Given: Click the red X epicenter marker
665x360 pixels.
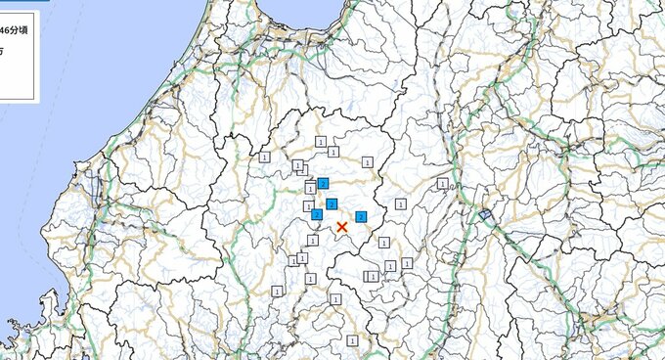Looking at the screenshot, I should click(x=341, y=227).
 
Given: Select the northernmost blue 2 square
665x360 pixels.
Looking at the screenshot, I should click(x=323, y=183).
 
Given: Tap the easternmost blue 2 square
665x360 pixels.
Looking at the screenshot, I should click(x=361, y=216).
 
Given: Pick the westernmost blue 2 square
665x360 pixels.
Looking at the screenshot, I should click(x=316, y=214).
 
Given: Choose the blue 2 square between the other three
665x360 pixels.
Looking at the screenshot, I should click(x=332, y=203).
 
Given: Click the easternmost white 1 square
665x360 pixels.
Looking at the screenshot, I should click(x=442, y=183).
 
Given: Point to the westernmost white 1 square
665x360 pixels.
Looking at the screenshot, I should click(x=264, y=157).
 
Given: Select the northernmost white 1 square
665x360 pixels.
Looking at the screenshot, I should click(x=321, y=142).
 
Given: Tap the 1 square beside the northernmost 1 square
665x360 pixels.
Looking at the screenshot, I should click(x=333, y=152).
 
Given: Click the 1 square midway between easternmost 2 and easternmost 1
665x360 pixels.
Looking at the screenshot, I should click(x=401, y=203).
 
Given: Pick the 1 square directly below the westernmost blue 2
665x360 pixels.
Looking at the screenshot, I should click(x=313, y=239).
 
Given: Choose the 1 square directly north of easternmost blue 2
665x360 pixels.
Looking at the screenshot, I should click(x=368, y=161).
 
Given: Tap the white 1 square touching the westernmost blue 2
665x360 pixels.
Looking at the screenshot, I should click(x=309, y=206).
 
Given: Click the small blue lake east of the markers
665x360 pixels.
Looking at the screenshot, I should click(x=484, y=214).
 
